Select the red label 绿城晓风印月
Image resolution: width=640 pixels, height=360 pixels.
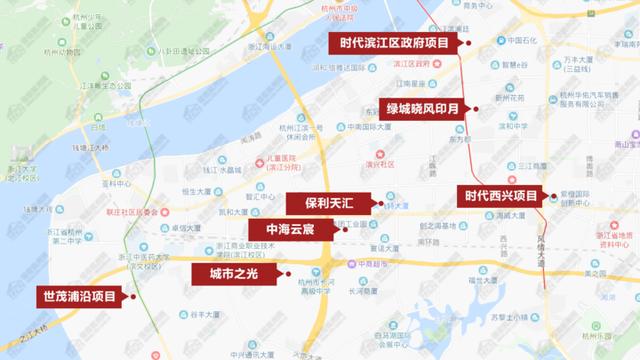tap(420, 108)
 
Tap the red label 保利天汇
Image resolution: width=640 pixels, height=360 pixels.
tap(328, 202)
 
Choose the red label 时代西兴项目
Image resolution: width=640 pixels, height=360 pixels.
tap(497, 196)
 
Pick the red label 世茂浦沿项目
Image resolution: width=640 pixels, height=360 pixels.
tap(77, 297)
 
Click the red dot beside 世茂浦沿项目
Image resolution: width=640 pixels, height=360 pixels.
tap(129, 297)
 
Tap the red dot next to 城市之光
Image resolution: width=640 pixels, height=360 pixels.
tap(287, 272)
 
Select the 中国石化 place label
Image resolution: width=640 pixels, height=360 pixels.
tap(525, 42)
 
